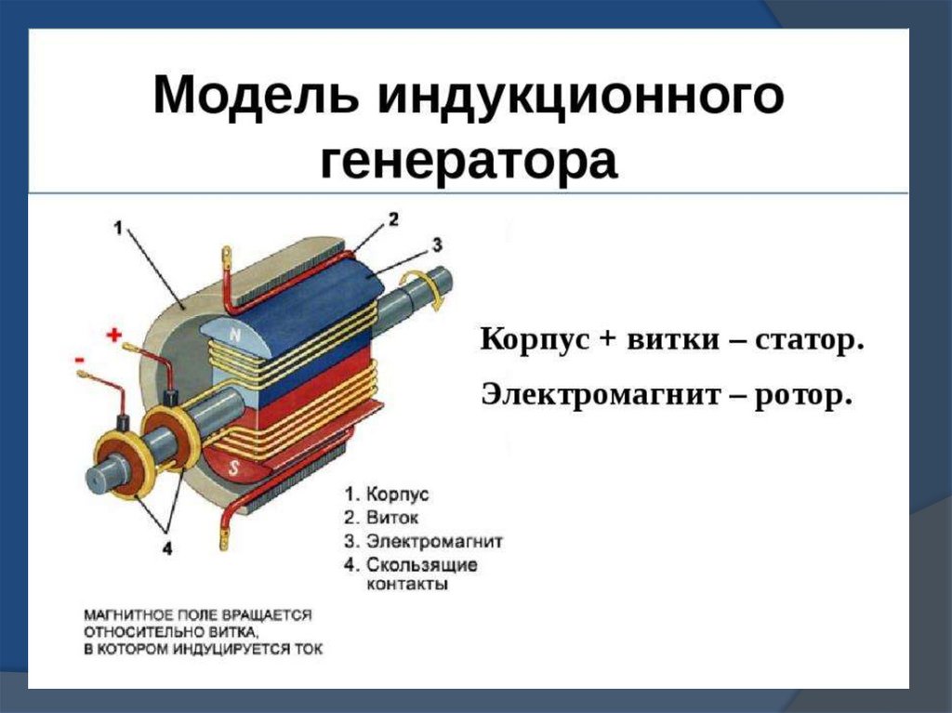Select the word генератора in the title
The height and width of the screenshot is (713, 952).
point(469,161)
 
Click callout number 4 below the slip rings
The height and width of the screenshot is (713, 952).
point(167,548)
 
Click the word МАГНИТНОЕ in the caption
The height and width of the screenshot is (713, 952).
point(129,615)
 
